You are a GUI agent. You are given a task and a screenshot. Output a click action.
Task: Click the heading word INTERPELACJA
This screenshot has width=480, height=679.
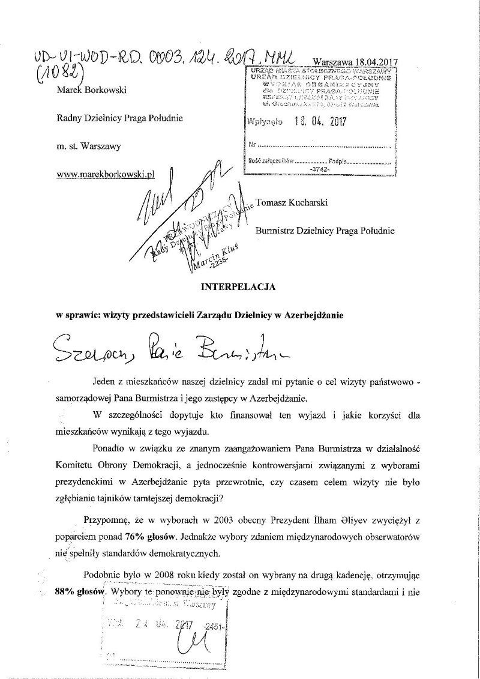[238, 287]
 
